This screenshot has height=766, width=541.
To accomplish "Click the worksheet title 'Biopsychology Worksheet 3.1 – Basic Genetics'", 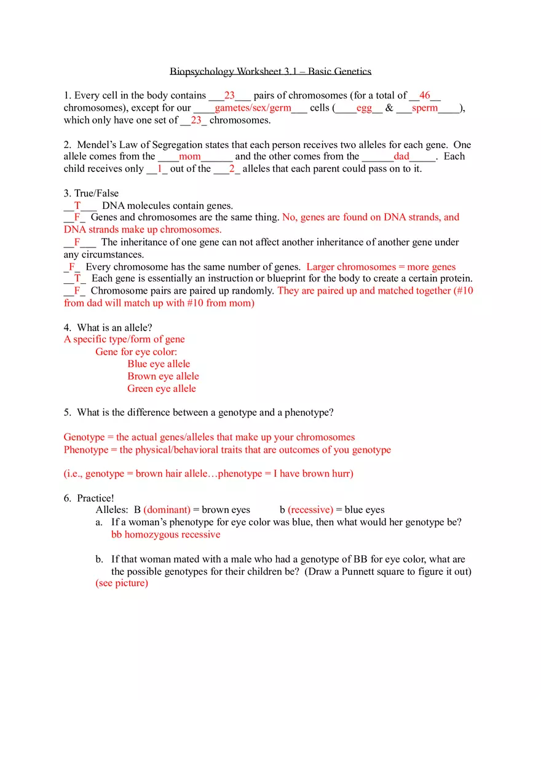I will (270, 71).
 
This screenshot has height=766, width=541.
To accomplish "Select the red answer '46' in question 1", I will (425, 95).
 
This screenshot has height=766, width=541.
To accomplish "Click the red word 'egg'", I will (364, 107).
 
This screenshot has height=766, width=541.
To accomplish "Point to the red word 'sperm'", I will (425, 107).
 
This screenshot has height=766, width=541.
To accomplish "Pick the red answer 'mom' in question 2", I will (189, 156).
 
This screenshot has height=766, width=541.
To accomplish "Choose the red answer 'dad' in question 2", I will (401, 156).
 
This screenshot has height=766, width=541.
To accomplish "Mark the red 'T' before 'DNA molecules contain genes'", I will (77, 205).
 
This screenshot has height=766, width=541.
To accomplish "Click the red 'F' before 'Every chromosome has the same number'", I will (72, 267).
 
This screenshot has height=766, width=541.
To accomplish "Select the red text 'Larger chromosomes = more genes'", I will (381, 267).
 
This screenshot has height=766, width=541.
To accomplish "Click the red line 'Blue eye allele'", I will (159, 364).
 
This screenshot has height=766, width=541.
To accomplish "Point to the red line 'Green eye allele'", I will (162, 388).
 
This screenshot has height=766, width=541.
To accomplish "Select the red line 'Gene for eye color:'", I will (136, 351).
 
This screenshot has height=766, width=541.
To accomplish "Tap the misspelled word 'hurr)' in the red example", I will (342, 474).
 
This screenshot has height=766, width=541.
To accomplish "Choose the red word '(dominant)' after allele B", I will (167, 510).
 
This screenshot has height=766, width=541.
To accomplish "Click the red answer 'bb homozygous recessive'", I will (165, 534).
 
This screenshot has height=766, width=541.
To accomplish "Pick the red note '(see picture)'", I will (122, 583).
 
